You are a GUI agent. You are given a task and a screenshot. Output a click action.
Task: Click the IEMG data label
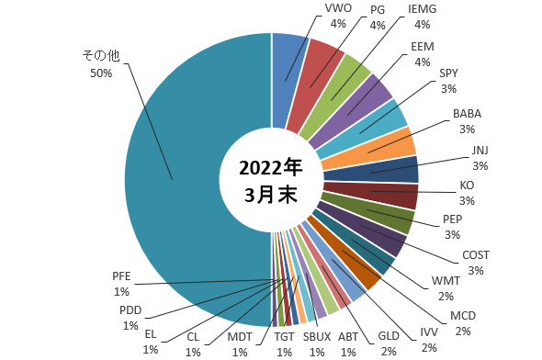tap(422, 17)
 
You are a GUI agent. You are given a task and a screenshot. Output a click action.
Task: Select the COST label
tap(476, 263)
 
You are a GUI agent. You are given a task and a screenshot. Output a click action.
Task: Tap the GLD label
tap(389, 343)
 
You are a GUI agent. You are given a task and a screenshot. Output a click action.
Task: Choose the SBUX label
tap(317, 344)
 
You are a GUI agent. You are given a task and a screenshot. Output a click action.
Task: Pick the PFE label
tap(121, 284)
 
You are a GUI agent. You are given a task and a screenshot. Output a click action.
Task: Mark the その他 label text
tap(101, 55)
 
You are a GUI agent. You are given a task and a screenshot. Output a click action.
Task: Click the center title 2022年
tap(271, 168)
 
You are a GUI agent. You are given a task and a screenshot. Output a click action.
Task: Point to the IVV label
tap(429, 340)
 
